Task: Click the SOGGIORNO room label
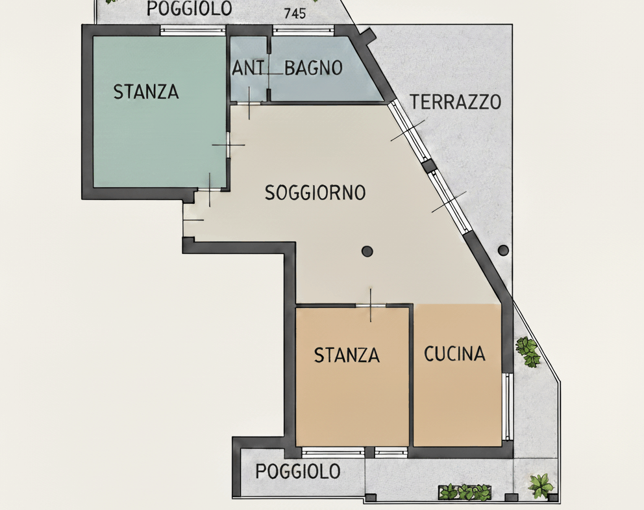pyautogui.click(x=315, y=192)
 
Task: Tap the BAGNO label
pyautogui.click(x=314, y=68)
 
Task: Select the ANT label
pyautogui.click(x=247, y=68)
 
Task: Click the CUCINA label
pyautogui.click(x=454, y=354)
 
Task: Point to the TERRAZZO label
pyautogui.click(x=456, y=102)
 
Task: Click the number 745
pyautogui.click(x=295, y=14)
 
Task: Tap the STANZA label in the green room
pyautogui.click(x=146, y=92)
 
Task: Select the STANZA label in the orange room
pyautogui.click(x=347, y=355)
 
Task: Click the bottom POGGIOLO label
pyautogui.click(x=298, y=472)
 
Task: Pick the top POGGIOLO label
pyautogui.click(x=190, y=8)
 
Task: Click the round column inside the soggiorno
pyautogui.click(x=367, y=251)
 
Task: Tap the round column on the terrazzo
pyautogui.click(x=503, y=250)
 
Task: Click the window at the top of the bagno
pyautogui.click(x=304, y=31)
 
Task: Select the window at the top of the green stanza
pyautogui.click(x=193, y=31)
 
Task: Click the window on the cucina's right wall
pyautogui.click(x=508, y=407)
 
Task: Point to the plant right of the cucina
pyautogui.click(x=528, y=351)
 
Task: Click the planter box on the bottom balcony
pyautogui.click(x=465, y=492)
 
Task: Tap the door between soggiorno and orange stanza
pyautogui.click(x=371, y=305)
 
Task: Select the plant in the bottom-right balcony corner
pyautogui.click(x=541, y=485)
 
